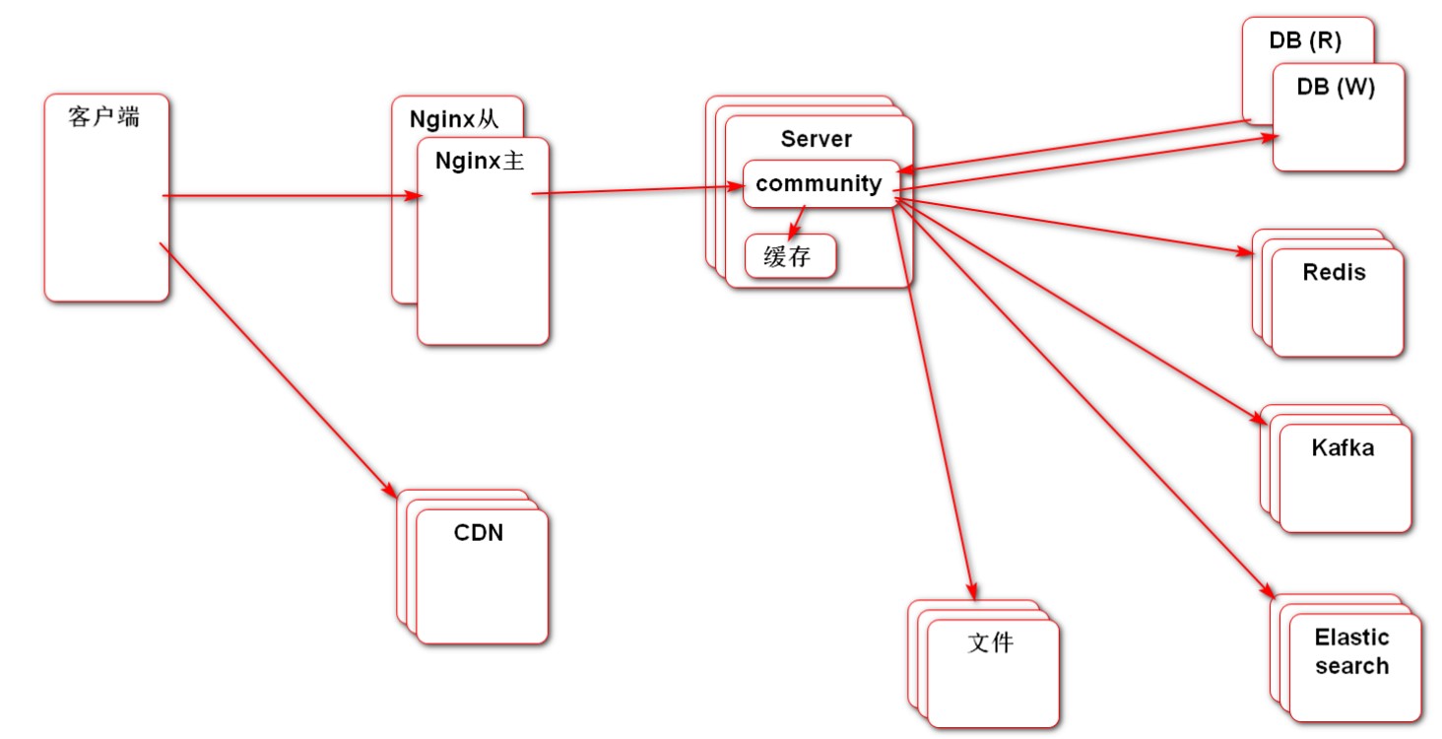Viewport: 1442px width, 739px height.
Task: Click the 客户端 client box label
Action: coord(104,117)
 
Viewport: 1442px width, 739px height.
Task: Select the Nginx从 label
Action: coord(455,120)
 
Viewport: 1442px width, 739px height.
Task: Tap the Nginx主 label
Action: coord(480,161)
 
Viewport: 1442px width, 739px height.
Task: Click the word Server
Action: coord(817,139)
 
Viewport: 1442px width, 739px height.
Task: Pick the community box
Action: coord(819,183)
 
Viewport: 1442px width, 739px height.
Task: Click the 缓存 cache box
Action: coord(789,257)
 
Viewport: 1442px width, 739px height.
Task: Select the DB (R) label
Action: coord(1306,42)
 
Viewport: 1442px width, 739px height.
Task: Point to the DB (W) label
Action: coord(1336,87)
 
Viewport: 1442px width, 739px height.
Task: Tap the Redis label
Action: coord(1335,272)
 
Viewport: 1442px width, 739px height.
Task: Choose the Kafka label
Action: coord(1343,448)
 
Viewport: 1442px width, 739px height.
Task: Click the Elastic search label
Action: coord(1351,651)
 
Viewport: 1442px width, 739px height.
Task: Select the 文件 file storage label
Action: coord(990,643)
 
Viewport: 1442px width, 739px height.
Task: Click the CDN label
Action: coord(479,533)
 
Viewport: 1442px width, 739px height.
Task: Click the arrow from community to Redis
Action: coord(1074,227)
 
